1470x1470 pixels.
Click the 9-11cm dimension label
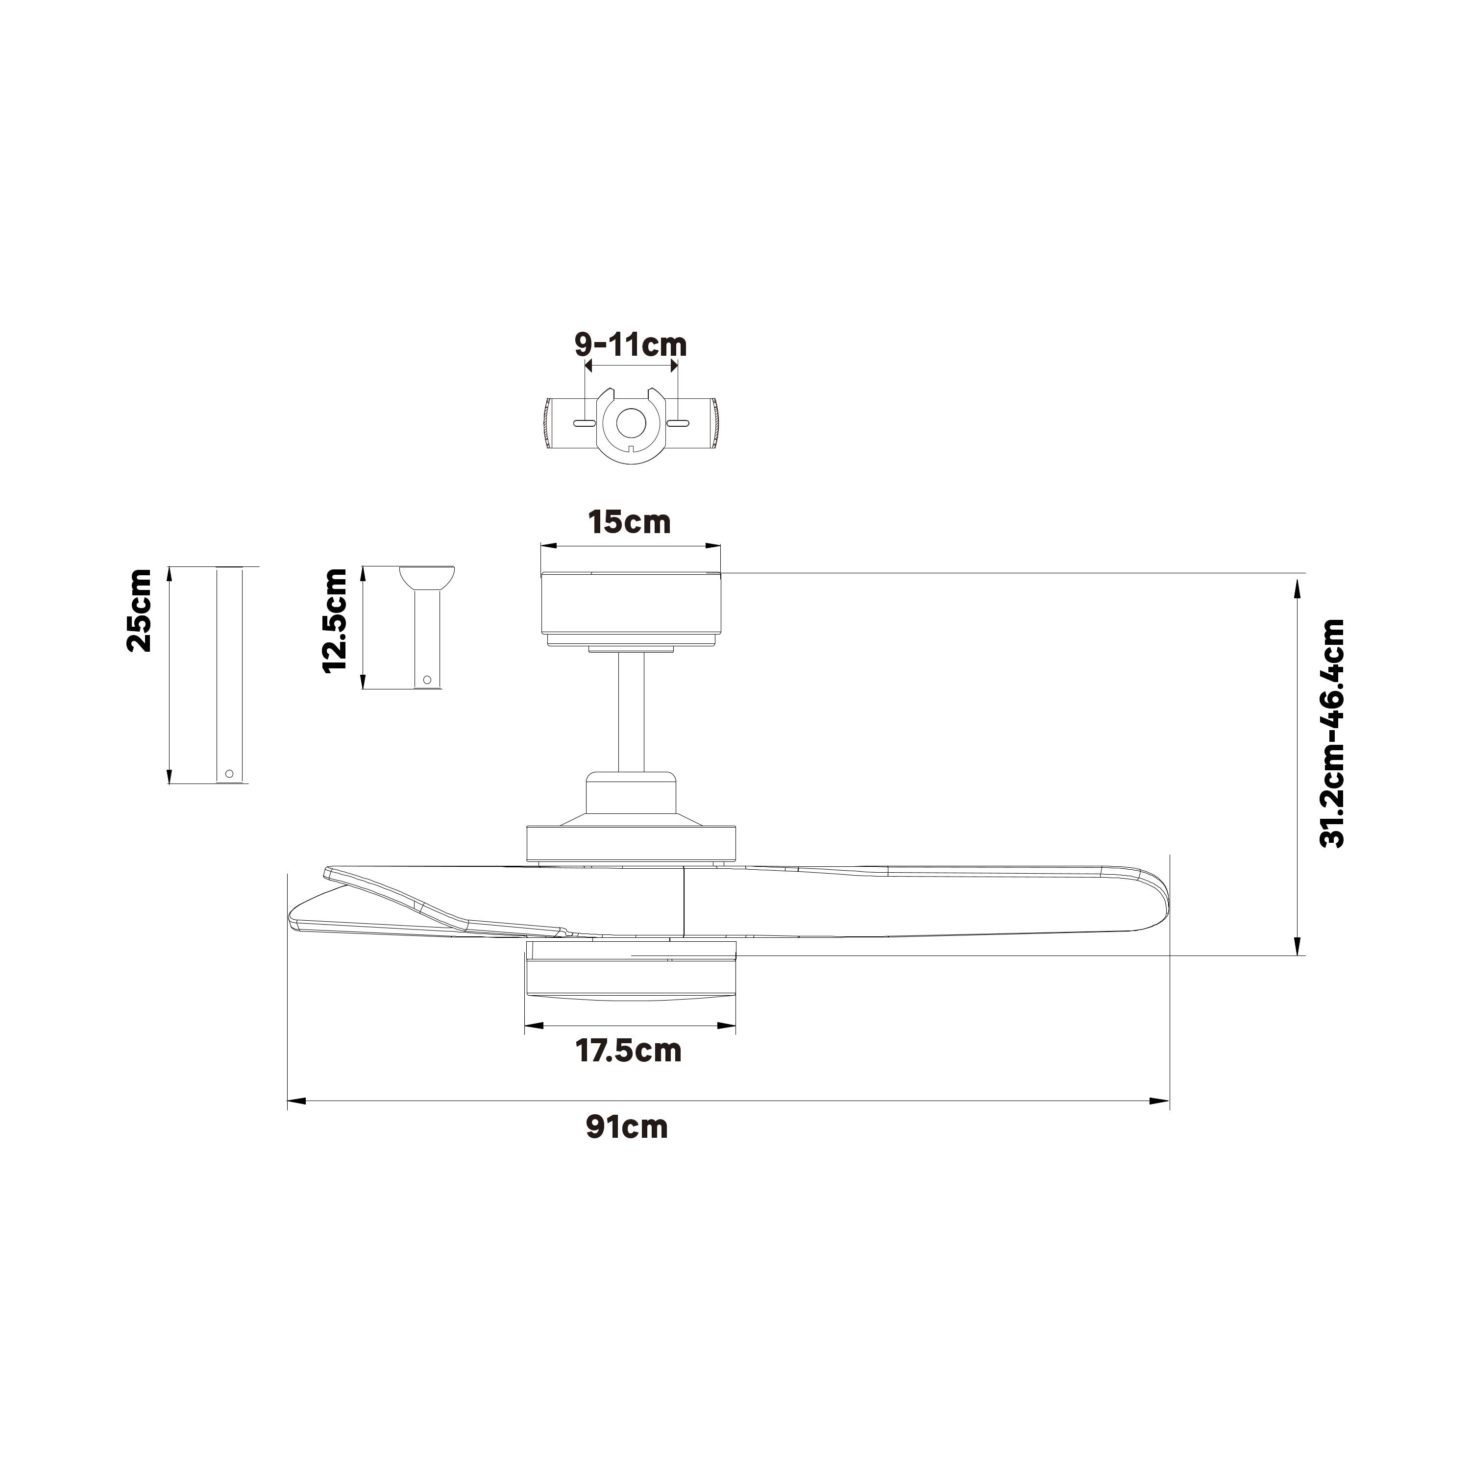click(630, 344)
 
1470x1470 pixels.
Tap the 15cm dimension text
click(629, 523)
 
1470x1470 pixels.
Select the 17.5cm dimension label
click(629, 1051)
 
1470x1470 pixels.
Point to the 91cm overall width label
click(627, 1127)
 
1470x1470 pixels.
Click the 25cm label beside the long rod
click(139, 610)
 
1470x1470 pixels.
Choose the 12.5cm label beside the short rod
click(335, 620)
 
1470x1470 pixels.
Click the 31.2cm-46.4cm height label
click(1332, 734)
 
